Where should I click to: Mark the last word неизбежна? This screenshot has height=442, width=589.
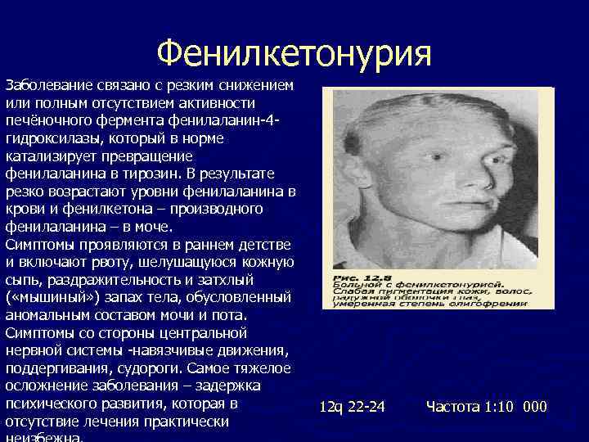pyautogui.click(x=43, y=438)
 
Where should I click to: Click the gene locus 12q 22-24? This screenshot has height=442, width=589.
pyautogui.click(x=352, y=407)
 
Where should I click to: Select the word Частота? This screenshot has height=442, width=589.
pyautogui.click(x=453, y=407)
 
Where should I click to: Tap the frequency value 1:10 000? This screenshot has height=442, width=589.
pyautogui.click(x=515, y=407)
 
